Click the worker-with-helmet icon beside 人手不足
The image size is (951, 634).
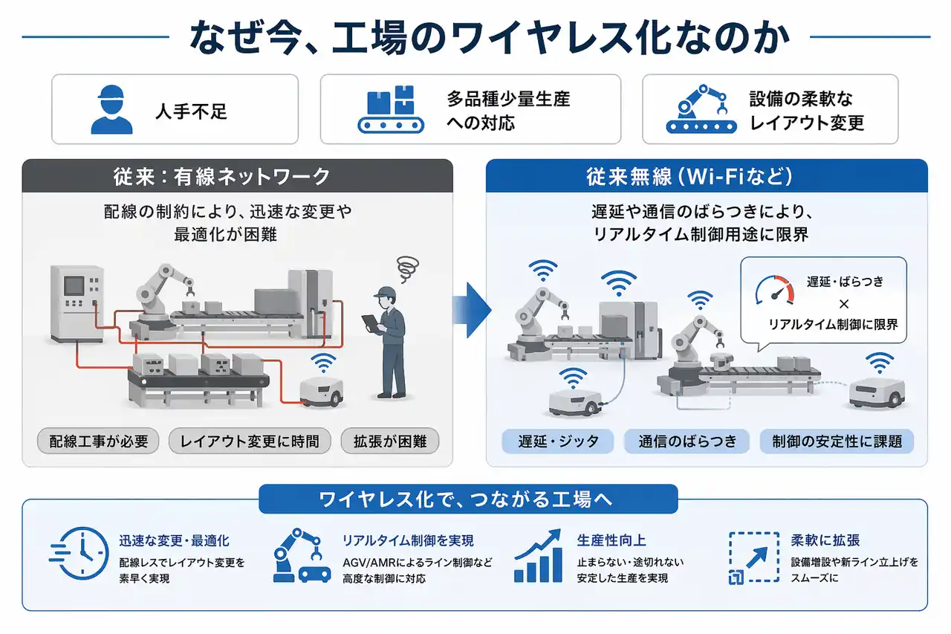point(111,109)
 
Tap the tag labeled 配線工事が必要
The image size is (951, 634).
point(99,441)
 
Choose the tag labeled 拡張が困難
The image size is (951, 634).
point(390,441)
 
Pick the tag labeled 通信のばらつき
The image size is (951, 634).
point(687,441)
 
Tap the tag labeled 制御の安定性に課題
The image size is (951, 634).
point(837,441)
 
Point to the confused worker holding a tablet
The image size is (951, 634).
point(389,338)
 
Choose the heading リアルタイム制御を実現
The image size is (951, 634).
point(408,540)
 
